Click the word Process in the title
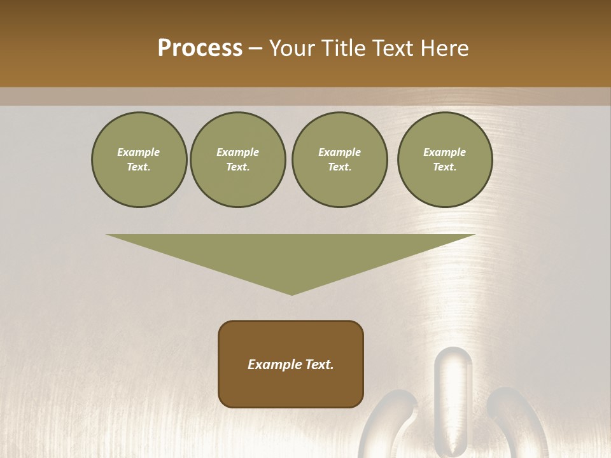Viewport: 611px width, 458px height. pyautogui.click(x=200, y=48)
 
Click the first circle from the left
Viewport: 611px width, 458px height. pyautogui.click(x=139, y=160)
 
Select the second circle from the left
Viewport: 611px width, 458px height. pyautogui.click(x=237, y=160)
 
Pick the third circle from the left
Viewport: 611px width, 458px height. pyautogui.click(x=339, y=160)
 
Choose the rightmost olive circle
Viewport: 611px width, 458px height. pyautogui.click(x=444, y=160)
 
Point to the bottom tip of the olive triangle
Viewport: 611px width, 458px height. pyautogui.click(x=291, y=294)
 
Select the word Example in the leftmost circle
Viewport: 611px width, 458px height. pyautogui.click(x=139, y=152)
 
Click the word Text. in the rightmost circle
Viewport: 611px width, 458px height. pyautogui.click(x=444, y=167)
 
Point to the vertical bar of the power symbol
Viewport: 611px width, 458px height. pyautogui.click(x=454, y=394)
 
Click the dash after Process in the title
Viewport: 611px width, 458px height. pyautogui.click(x=256, y=49)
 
